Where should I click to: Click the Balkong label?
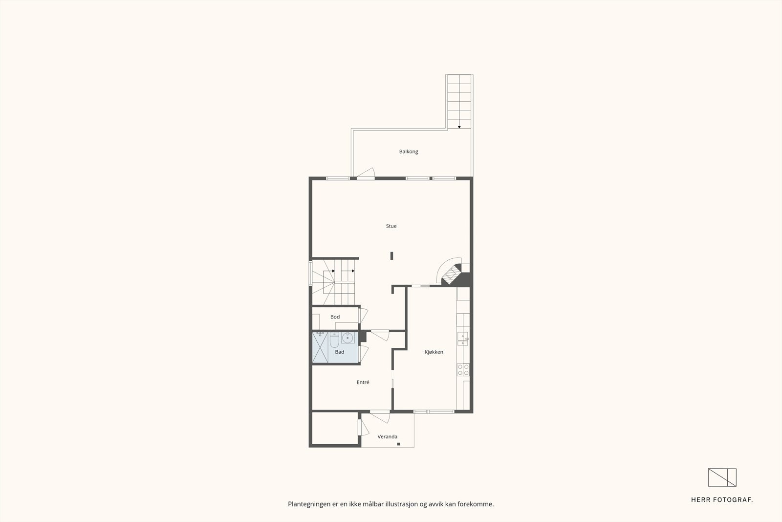pos(409,152)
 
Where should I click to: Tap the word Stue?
pos(391,226)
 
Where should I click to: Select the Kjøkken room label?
pos(434,352)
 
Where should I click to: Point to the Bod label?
pos(335,317)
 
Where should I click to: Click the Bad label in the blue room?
pos(339,352)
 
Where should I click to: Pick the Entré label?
pos(363,382)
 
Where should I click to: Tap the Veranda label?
pos(387,436)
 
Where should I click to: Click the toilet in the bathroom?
pos(334,339)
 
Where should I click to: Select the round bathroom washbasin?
pos(348,337)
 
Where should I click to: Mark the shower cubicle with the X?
pos(320,348)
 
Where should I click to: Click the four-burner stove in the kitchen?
pos(463,370)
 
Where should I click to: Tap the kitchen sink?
pos(462,338)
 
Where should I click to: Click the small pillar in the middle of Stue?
pos(391,255)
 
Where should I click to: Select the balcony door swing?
pos(366,172)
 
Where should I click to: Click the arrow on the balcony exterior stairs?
pos(459,127)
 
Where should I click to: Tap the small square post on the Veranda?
pos(399,444)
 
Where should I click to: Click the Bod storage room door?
pos(364,315)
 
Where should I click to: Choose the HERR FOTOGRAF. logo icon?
pos(722,477)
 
